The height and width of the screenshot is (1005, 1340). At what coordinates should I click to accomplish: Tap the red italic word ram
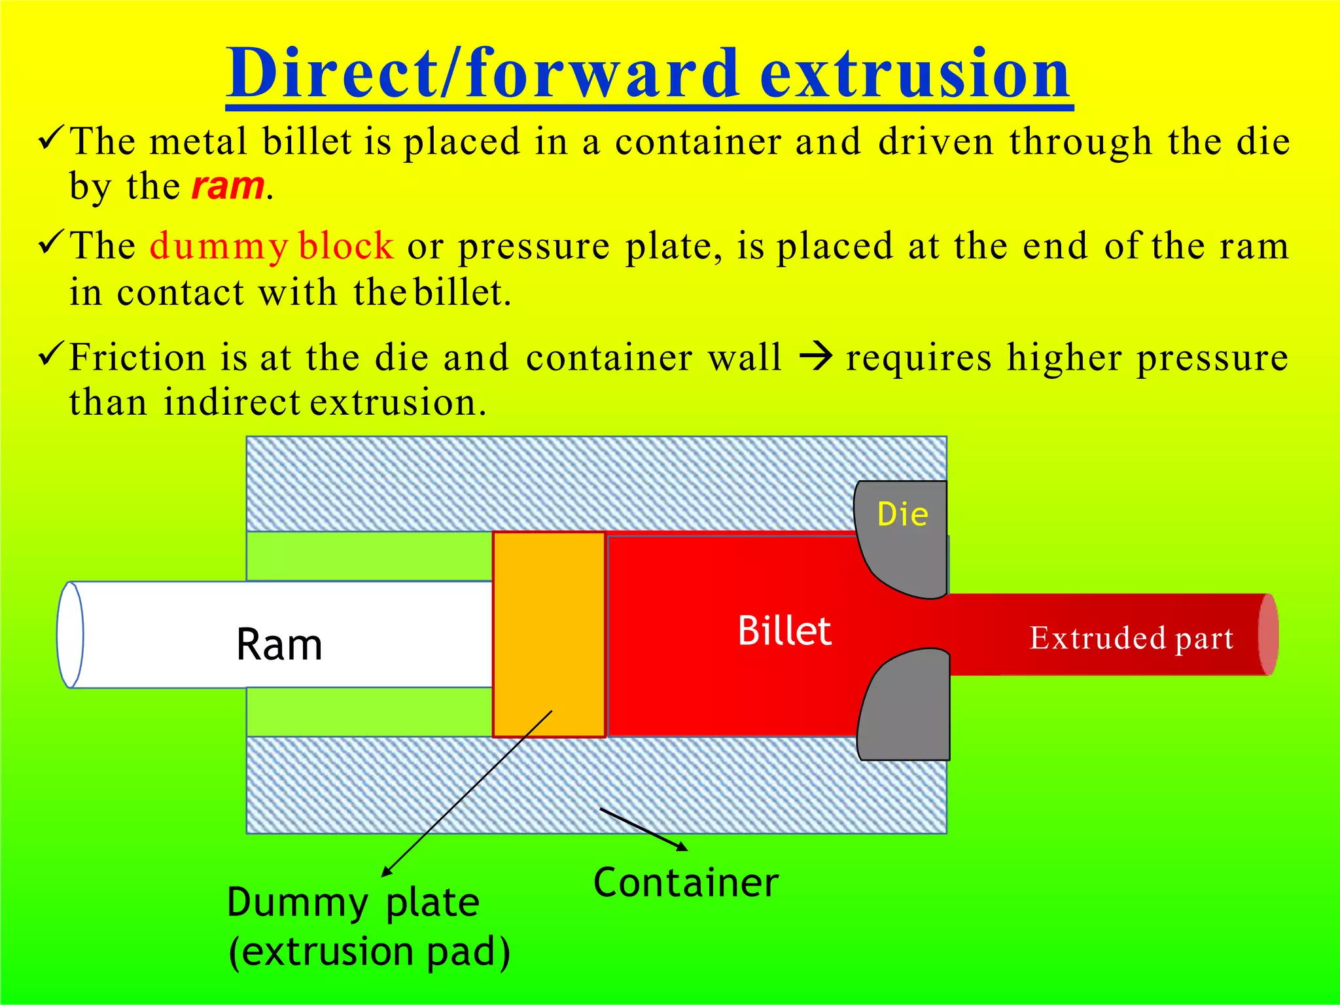click(x=228, y=186)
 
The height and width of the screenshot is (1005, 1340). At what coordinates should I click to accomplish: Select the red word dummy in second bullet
click(x=219, y=247)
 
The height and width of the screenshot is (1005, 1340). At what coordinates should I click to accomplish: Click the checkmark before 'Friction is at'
click(x=51, y=355)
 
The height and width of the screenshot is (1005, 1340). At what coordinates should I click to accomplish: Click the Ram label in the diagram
click(x=279, y=644)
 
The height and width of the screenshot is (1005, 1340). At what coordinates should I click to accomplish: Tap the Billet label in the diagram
click(x=784, y=631)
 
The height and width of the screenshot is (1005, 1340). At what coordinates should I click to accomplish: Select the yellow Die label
click(x=902, y=514)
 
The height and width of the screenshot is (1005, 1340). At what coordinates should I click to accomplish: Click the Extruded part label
click(x=1131, y=638)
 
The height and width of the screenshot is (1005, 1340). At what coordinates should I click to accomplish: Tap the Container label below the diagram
click(x=686, y=883)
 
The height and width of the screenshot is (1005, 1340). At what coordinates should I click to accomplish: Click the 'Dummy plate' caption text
click(x=353, y=904)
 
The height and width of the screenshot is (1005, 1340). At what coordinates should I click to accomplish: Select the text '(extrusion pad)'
click(x=369, y=952)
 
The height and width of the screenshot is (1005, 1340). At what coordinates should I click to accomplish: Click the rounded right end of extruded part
click(x=1267, y=635)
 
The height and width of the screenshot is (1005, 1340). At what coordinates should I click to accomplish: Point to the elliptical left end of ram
click(x=70, y=635)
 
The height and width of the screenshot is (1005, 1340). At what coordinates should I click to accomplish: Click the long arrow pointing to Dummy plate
click(x=467, y=793)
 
